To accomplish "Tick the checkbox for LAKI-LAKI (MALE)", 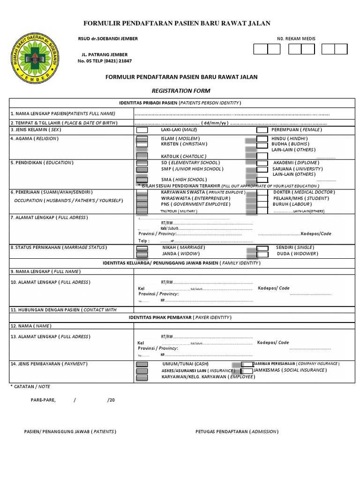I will [142, 130].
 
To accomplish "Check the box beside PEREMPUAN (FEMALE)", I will [262, 130].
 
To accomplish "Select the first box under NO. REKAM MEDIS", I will [260, 49].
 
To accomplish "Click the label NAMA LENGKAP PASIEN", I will [62, 113].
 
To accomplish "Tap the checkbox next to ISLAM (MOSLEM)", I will [142, 139].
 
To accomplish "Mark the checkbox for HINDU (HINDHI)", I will [262, 139].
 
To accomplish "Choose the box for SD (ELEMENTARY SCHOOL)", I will [142, 163].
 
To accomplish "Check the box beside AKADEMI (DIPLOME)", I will [262, 163].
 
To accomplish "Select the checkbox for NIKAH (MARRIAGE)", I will [142, 247].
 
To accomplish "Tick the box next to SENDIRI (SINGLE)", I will [262, 247].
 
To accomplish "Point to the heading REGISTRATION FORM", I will [180, 90].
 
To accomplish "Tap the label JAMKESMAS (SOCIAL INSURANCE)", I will [289, 370].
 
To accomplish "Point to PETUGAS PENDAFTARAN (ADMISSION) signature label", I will [237, 431].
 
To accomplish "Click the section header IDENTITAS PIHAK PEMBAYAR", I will [180, 317].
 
